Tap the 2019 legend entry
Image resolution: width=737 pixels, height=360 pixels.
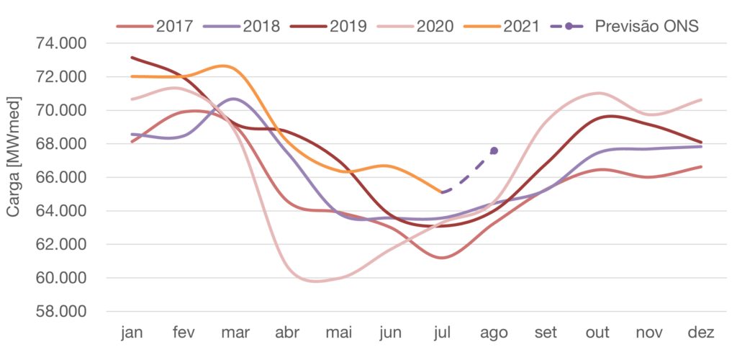348,27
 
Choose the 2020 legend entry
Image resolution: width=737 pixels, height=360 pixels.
435,27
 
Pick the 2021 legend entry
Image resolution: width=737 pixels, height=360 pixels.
522,27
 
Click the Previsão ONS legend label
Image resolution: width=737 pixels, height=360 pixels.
647,27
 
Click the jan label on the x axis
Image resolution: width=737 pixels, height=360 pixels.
132,333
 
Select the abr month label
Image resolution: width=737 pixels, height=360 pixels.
286,333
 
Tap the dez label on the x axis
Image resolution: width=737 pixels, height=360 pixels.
701,333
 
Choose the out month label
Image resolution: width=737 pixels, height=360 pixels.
597,333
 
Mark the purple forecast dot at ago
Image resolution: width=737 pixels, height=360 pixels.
494,150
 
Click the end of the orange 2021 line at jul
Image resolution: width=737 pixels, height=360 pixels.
442,192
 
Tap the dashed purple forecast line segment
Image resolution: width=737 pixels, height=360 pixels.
468,172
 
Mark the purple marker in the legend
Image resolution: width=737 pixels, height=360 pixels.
569,27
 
